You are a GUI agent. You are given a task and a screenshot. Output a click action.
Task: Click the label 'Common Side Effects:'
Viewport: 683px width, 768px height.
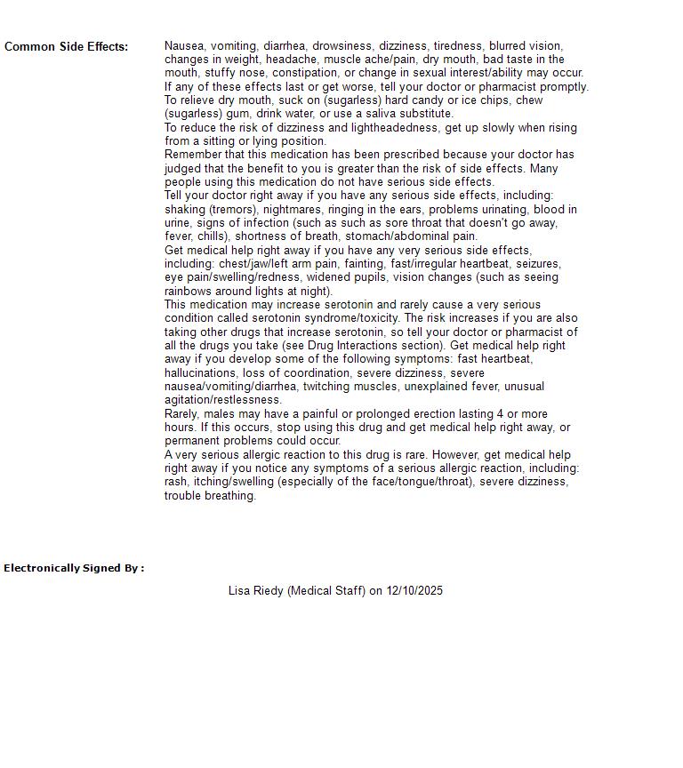click(66, 46)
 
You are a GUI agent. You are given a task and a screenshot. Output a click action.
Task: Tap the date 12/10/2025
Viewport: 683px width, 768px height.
click(414, 590)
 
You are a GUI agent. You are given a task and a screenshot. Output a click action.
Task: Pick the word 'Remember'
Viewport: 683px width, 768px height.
click(191, 155)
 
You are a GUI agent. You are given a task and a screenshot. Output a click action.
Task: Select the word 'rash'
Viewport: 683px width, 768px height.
click(175, 482)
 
